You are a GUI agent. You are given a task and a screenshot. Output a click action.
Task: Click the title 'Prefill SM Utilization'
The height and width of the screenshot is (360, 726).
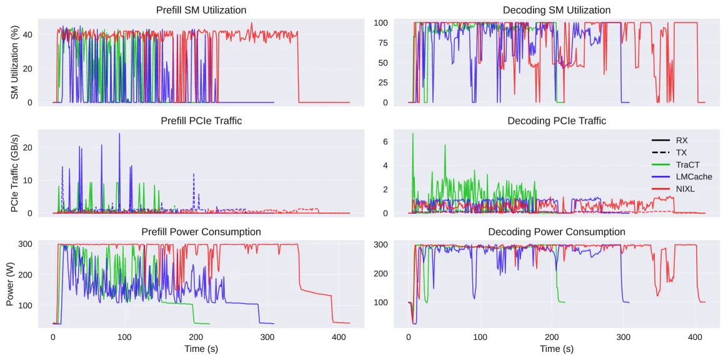(x=201, y=10)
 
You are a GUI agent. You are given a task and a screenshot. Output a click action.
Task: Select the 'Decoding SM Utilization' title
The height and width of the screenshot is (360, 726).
(x=556, y=10)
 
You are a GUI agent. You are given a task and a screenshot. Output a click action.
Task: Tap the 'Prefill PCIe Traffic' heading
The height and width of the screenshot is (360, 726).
(x=201, y=121)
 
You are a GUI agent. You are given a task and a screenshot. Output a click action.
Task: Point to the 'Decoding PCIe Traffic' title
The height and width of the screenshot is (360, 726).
(x=557, y=121)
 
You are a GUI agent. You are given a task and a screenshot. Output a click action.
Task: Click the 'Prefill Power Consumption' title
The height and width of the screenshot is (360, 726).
(x=201, y=232)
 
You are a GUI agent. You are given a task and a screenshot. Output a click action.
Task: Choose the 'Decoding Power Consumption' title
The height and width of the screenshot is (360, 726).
(x=557, y=232)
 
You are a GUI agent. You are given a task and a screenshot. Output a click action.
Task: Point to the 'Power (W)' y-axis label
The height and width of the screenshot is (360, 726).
(x=12, y=284)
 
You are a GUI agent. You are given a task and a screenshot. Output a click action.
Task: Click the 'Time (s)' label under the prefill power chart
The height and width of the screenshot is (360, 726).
(x=201, y=348)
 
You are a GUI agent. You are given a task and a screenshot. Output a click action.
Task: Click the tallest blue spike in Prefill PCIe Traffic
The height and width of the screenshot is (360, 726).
(x=119, y=133)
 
